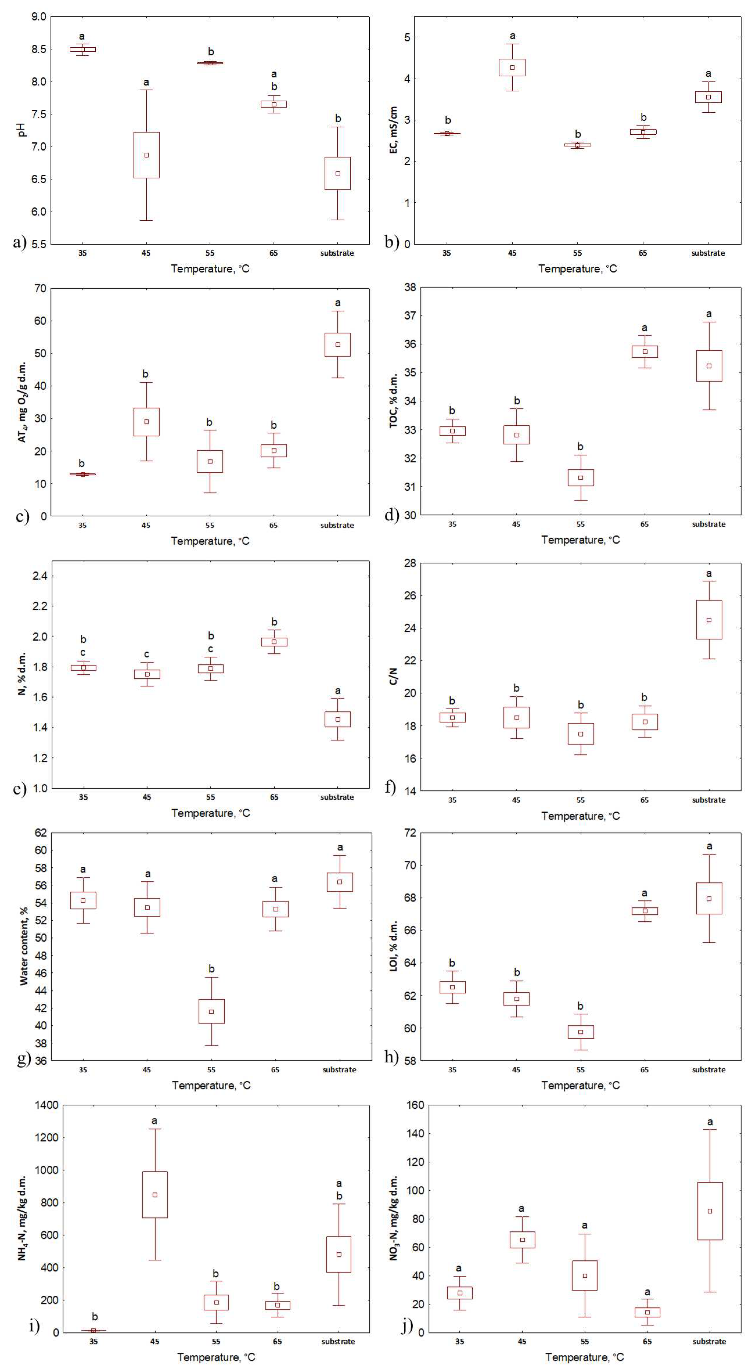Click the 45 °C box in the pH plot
tap(147, 155)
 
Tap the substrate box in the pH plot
tap(338, 173)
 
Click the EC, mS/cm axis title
tap(394, 130)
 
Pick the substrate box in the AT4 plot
tap(338, 345)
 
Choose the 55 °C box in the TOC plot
tap(581, 477)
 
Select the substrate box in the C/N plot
tap(709, 620)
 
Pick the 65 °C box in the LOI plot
tap(645, 911)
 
